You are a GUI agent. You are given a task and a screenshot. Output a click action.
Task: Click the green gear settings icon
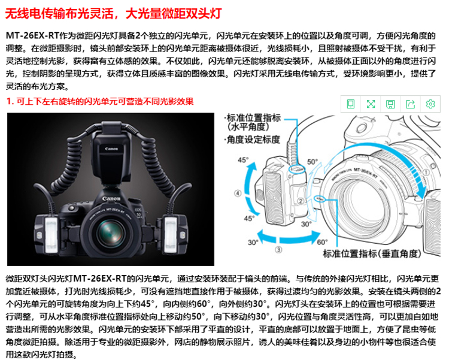click(430, 104)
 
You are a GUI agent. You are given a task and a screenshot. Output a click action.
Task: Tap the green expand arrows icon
click(371, 104)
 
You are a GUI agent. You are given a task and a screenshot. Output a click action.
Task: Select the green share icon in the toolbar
click(411, 104)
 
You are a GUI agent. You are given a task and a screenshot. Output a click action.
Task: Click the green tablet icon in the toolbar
click(351, 104)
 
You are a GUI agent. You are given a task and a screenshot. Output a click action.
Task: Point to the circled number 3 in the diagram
click(278, 250)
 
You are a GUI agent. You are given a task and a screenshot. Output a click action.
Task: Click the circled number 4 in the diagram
click(238, 193)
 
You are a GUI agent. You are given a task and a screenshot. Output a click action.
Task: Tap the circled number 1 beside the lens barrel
click(426, 173)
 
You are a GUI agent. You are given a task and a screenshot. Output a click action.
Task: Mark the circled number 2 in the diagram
click(301, 201)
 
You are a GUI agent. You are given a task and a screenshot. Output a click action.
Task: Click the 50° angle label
click(313, 162)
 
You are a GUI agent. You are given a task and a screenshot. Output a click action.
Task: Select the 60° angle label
click(323, 243)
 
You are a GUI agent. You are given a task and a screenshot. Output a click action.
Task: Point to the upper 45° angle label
click(244, 160)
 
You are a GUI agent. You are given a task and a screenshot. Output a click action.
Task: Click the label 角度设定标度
click(252, 140)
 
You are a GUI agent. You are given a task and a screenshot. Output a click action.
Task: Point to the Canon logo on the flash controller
click(112, 149)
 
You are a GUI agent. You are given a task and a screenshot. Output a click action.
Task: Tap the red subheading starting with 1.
click(100, 101)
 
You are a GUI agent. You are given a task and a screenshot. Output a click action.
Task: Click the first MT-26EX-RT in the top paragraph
click(32, 35)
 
